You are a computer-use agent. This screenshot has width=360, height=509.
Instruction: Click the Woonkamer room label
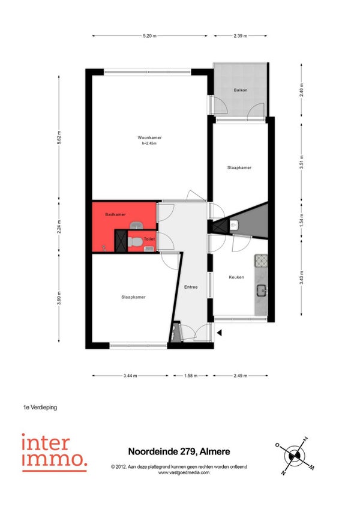tap(149, 137)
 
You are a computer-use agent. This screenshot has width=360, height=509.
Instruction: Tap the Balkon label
tap(241, 90)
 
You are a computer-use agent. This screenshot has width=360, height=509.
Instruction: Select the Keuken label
tap(236, 277)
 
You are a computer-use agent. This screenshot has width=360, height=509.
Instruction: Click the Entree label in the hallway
tap(191, 287)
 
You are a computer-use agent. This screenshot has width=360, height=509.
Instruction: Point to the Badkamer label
tap(115, 214)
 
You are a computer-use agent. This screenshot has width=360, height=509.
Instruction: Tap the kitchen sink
tap(262, 290)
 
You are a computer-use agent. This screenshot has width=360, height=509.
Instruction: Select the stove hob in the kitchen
tap(261, 261)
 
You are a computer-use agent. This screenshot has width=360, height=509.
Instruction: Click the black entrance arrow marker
tap(220, 333)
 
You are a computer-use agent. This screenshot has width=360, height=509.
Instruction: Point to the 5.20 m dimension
tap(149, 36)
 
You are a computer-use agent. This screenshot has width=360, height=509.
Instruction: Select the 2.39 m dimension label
tap(240, 36)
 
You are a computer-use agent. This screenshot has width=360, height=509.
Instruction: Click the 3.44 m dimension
tap(130, 376)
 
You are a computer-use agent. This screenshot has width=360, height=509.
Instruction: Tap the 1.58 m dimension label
tap(191, 376)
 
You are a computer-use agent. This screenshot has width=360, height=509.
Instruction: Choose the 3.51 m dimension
tap(302, 162)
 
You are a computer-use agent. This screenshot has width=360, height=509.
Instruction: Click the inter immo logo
tap(55, 453)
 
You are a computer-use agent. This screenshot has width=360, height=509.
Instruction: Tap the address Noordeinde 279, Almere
tap(179, 451)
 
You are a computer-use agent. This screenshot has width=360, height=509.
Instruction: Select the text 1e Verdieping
tap(40, 408)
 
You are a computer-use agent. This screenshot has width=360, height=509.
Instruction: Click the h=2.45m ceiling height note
tap(149, 143)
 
